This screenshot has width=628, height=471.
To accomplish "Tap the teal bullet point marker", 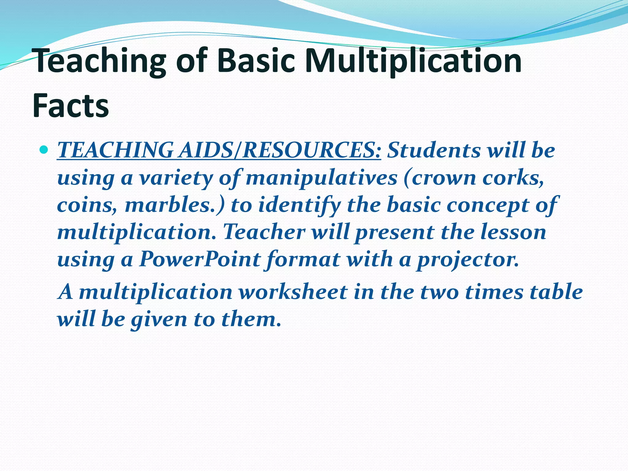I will click(44, 150).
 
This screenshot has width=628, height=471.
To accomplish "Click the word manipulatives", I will click(321, 178).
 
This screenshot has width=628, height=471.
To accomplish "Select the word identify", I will click(299, 205).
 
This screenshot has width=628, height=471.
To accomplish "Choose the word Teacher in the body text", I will click(264, 232).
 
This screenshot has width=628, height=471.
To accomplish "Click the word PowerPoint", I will click(200, 259).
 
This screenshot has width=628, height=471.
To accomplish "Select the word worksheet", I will click(293, 292).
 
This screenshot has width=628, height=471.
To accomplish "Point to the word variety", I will click(176, 178).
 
